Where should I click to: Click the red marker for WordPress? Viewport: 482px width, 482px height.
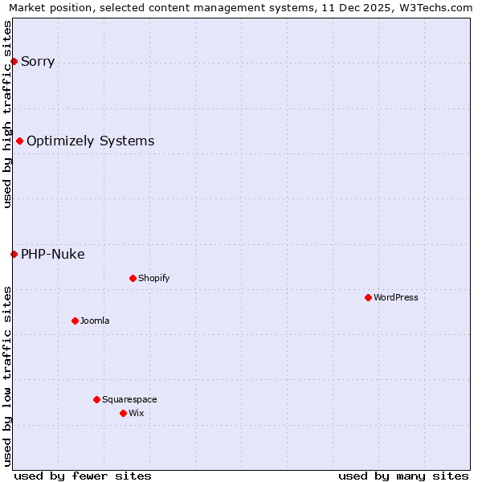tap(368, 297)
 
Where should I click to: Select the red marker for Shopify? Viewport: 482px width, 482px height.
tap(133, 278)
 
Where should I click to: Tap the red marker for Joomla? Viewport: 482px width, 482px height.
tap(75, 321)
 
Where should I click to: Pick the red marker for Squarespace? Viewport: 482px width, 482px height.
tap(96, 399)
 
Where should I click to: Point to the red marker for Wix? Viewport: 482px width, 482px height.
tap(123, 413)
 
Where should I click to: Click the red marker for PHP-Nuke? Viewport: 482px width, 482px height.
tap(14, 254)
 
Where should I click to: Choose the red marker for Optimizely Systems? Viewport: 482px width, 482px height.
tap(19, 141)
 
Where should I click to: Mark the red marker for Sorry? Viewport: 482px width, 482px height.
tap(14, 61)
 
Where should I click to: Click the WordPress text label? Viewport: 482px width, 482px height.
tap(396, 297)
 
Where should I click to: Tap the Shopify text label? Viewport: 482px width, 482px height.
tap(153, 278)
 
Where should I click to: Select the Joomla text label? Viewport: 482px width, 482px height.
tap(95, 321)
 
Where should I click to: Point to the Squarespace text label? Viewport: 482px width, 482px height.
tap(129, 399)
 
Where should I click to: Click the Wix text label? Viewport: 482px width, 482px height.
tap(136, 413)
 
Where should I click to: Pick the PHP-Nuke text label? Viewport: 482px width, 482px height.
tap(52, 255)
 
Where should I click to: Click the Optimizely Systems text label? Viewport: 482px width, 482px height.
tap(90, 141)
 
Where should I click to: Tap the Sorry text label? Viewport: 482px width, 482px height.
tap(38, 62)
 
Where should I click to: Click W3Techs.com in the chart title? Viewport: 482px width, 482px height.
tap(435, 8)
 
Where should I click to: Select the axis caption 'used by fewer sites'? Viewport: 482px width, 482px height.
tap(83, 476)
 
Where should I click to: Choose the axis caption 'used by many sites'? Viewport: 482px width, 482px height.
tap(403, 476)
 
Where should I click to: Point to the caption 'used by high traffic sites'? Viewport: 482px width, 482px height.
tap(8, 114)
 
